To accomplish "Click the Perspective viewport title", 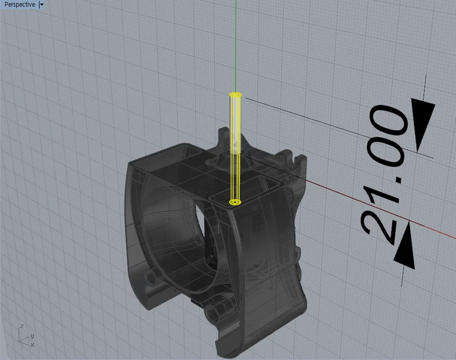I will [x=19, y=5].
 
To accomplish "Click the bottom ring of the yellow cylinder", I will [x=235, y=202].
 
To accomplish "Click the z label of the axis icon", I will [x=21, y=327].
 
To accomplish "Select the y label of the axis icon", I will [x=32, y=335].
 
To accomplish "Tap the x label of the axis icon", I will [x=32, y=344].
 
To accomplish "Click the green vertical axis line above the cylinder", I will [x=235, y=46].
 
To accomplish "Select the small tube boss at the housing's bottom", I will [x=217, y=312].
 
